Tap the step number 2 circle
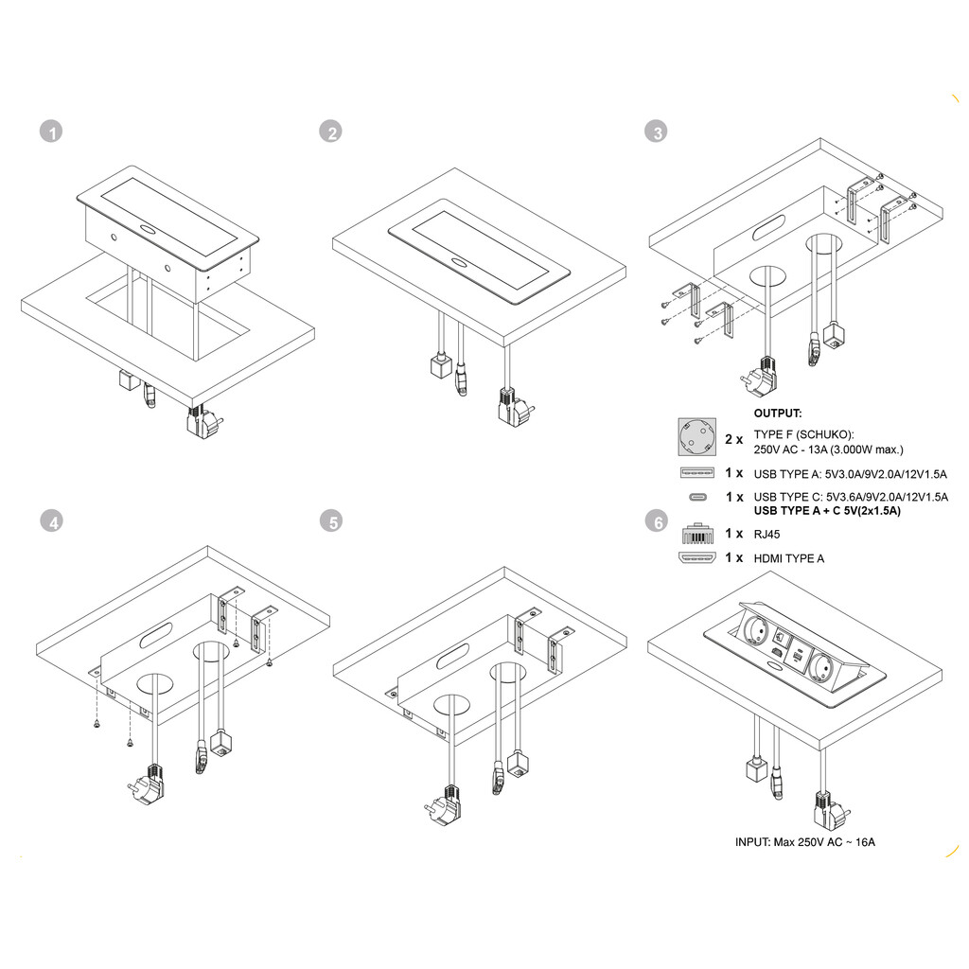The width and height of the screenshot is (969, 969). click(329, 132)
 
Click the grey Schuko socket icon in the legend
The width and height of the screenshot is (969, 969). click(696, 438)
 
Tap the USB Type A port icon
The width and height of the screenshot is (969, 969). click(696, 472)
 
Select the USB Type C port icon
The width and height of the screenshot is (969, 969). click(697, 497)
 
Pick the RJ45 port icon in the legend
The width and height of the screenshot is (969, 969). click(696, 533)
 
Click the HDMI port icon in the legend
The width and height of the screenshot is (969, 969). click(696, 557)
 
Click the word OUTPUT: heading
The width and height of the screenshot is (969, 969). click(778, 414)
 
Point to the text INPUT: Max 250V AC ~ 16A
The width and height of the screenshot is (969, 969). click(805, 841)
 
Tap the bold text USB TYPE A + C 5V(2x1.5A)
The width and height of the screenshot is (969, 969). click(827, 511)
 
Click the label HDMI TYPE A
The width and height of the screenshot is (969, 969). click(788, 558)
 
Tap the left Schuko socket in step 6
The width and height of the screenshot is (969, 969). click(748, 629)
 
